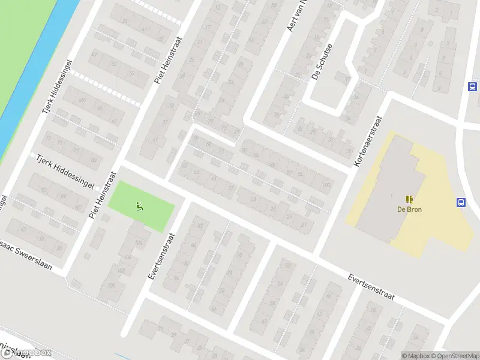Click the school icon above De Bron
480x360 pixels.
click(x=409, y=199)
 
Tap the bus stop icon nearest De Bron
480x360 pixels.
click(x=461, y=202)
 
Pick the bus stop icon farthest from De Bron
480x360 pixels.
click(x=472, y=86)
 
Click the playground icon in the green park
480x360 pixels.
click(x=140, y=206)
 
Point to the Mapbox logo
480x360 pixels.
click(x=27, y=353)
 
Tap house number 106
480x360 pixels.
click(x=139, y=242)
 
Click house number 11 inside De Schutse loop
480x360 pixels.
click(x=347, y=77)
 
